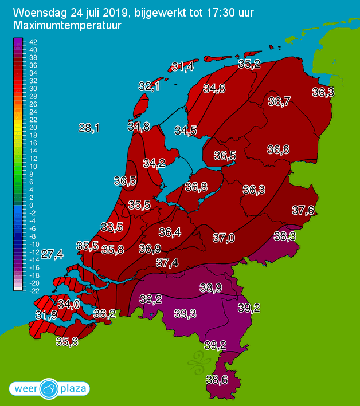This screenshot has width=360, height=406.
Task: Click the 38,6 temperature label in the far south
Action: (217, 379)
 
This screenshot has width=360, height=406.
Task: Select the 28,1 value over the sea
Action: (89, 128)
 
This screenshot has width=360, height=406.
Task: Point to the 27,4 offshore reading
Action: (52, 254)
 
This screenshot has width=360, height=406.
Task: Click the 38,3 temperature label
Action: (284, 236)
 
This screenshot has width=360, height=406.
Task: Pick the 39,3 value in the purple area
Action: (185, 313)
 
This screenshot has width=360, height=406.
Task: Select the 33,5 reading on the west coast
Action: (111, 227)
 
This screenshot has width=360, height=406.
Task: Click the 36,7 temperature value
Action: (279, 101)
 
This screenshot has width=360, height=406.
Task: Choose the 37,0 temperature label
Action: (224, 237)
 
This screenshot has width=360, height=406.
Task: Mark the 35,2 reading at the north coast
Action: (249, 64)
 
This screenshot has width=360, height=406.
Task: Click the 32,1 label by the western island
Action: (149, 86)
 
